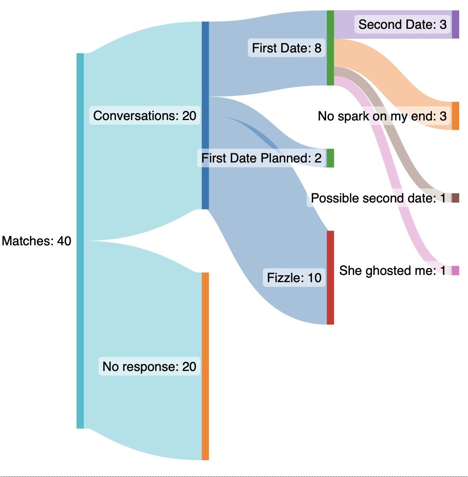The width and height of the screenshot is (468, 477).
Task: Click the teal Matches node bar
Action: pos(80,240)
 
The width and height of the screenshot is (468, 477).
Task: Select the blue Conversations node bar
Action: pos(205,115)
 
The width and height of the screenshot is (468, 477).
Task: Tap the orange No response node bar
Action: pos(205,366)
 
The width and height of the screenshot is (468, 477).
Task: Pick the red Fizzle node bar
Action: pos(330,278)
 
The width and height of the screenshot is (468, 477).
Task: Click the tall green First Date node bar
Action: pos(330,48)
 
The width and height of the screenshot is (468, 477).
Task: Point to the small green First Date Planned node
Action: pos(330,158)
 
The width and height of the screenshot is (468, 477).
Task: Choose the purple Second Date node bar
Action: pos(455,24)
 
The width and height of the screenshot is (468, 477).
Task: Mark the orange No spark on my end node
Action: pos(455,116)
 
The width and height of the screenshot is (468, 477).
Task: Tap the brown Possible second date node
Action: pos(455,198)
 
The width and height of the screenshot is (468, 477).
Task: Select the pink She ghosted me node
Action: pos(455,271)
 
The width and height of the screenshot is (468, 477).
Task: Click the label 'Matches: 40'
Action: pos(36,241)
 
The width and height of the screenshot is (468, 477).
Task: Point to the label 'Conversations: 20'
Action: pos(145,116)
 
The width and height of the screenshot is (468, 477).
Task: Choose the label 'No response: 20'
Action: pos(149,367)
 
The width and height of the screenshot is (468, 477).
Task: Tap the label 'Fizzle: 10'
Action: pos(294,278)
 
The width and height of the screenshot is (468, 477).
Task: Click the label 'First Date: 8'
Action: pos(286,48)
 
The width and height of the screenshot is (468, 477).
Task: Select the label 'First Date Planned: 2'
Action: pos(261,158)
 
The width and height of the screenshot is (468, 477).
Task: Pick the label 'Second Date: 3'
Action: pos(402,24)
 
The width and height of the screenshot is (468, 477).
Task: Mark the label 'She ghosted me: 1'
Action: pos(392,271)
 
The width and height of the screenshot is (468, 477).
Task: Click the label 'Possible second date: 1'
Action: pos(378,198)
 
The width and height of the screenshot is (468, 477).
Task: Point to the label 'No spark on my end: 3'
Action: pos(382,116)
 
